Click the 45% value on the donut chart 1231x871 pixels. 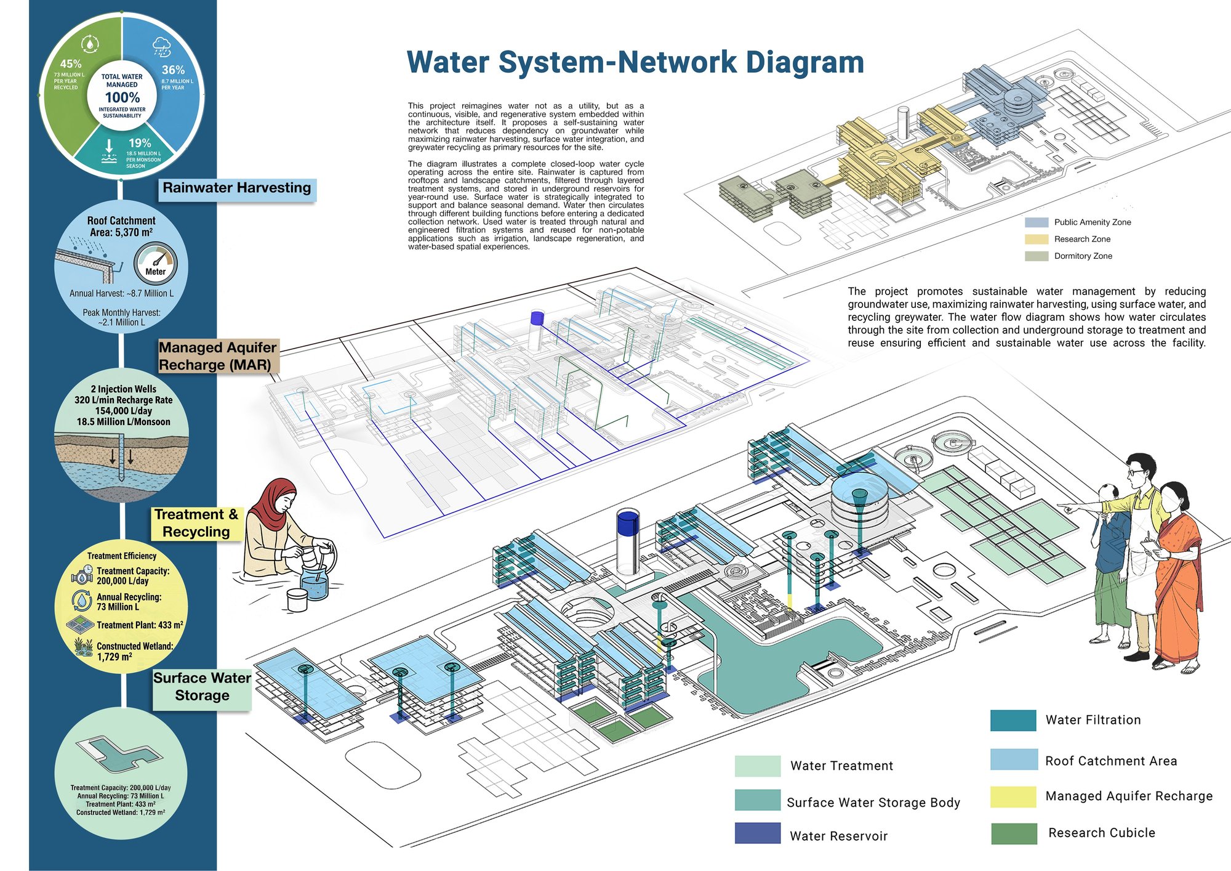click(x=71, y=64)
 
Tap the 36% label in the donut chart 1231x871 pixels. click(x=173, y=70)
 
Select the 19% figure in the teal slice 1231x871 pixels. click(x=140, y=143)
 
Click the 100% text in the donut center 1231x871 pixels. click(x=122, y=97)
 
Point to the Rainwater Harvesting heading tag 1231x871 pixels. click(x=237, y=188)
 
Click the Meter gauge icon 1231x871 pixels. click(x=155, y=264)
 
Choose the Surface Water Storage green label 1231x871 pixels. click(x=202, y=687)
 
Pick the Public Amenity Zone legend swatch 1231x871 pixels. click(x=1037, y=222)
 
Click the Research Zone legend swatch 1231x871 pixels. click(x=1037, y=239)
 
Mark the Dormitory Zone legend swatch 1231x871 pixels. click(x=1037, y=256)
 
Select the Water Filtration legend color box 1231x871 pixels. click(x=1013, y=721)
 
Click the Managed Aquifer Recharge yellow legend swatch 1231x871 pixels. click(x=1013, y=796)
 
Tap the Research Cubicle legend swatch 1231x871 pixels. click(x=1014, y=833)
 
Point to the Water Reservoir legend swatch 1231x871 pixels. click(x=758, y=833)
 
